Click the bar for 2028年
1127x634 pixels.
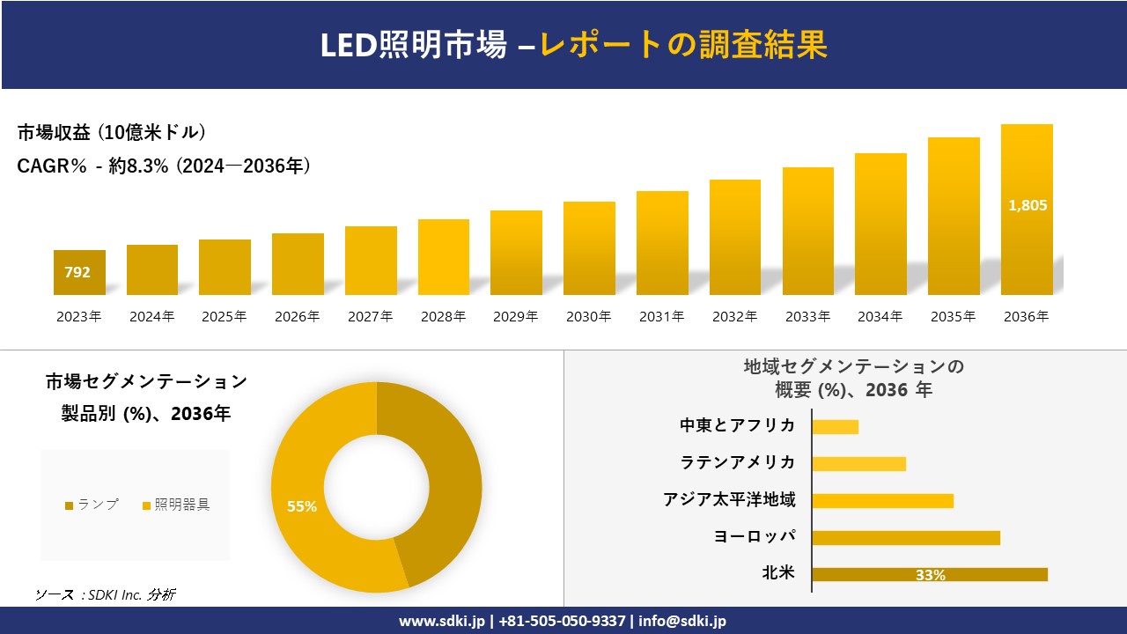click(443, 257)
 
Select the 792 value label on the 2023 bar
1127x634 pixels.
click(77, 273)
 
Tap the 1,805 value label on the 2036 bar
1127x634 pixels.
click(1027, 205)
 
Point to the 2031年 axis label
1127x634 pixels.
click(661, 317)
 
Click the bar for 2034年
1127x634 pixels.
click(880, 225)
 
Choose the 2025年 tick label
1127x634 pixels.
click(225, 317)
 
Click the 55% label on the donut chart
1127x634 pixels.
click(301, 506)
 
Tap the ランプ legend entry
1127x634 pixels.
click(92, 505)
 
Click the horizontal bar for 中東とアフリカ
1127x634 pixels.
click(835, 427)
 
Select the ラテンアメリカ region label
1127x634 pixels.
click(738, 462)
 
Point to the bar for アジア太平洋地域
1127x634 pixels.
click(882, 501)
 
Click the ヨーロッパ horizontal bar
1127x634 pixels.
click(905, 538)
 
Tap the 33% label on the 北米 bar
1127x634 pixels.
click(930, 575)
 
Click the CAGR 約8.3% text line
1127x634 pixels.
click(164, 166)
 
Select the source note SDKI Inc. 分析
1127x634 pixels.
click(106, 595)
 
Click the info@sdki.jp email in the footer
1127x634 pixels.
click(682, 621)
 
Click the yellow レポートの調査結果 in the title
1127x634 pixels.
click(684, 45)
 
